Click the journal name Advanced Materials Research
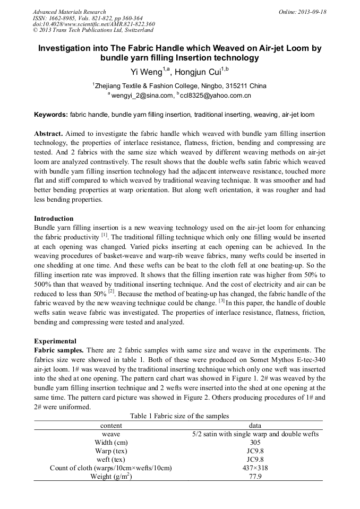click(69, 12)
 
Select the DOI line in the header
click(93, 24)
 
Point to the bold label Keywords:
click(51, 115)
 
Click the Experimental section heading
click(55, 341)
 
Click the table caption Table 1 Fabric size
click(179, 416)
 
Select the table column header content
click(111, 425)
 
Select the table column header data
click(255, 425)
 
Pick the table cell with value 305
click(255, 442)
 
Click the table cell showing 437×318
click(255, 468)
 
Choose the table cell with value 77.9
click(255, 477)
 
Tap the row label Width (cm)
click(111, 442)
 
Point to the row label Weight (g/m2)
click(111, 477)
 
